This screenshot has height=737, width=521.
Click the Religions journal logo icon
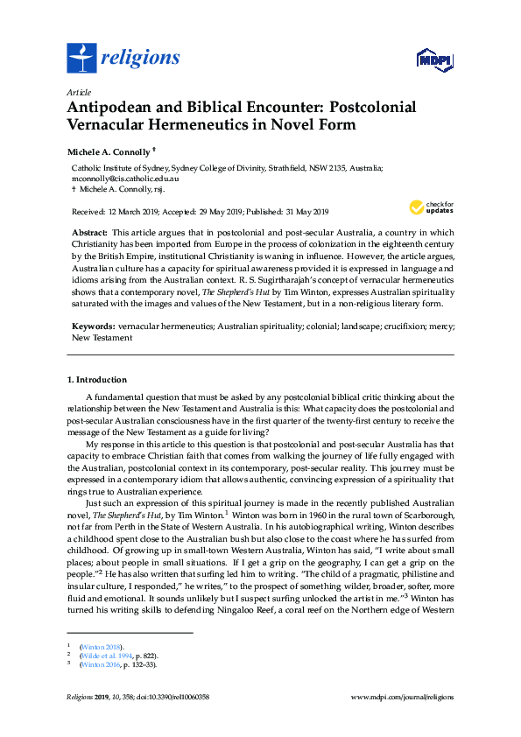81,59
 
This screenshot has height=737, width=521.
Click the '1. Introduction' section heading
97,380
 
